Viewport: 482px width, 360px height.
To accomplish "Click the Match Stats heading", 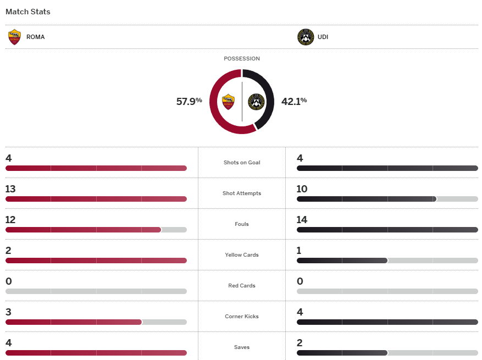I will [x=27, y=12].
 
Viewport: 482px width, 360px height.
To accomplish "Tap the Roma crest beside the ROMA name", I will [x=15, y=37].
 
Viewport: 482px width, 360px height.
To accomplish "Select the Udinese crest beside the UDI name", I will [x=306, y=37].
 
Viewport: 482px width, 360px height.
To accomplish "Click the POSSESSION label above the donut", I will [x=242, y=59].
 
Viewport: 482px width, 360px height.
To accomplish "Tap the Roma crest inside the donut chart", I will [x=228, y=102].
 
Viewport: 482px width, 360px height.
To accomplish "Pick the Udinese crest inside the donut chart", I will [x=256, y=102].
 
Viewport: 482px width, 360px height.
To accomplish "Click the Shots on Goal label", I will [x=242, y=163].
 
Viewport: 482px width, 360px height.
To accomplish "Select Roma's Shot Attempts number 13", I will [x=10, y=189].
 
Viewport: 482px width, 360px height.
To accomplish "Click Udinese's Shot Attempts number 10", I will [x=302, y=189].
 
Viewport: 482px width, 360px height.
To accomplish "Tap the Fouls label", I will [x=242, y=224].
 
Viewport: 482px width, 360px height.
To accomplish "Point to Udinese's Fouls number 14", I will [x=302, y=220].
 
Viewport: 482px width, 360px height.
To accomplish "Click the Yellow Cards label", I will [x=242, y=255].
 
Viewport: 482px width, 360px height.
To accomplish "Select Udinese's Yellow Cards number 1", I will [x=298, y=251].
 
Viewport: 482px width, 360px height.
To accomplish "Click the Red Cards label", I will [x=242, y=286].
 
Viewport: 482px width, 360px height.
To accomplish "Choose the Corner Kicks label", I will [x=242, y=317].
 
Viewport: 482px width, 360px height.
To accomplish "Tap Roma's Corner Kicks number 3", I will [x=8, y=312].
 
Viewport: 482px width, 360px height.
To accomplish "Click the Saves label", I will [x=242, y=347].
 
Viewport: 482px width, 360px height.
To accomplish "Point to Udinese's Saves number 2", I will [x=300, y=343].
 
